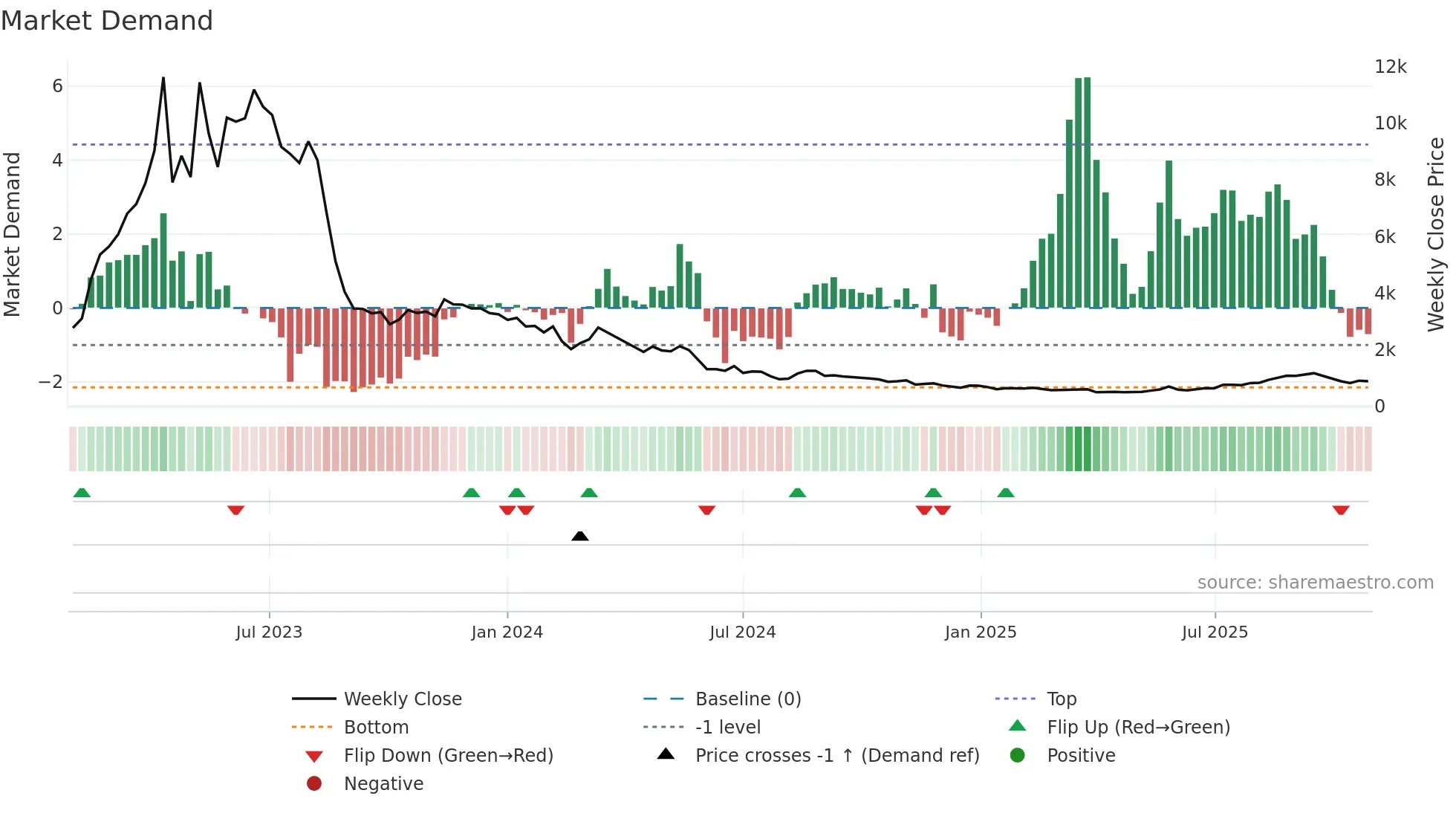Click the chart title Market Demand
[107, 21]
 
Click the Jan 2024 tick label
[507, 632]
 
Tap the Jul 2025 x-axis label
[1215, 632]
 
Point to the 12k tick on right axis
[1390, 67]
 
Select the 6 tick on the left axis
[57, 86]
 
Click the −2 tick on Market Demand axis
[51, 382]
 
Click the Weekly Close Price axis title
[1436, 234]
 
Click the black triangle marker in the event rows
[580, 537]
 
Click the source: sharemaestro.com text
[1315, 583]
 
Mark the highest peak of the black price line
[163, 78]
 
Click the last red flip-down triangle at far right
[1341, 511]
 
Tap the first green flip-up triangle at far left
[82, 493]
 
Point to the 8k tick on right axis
[1385, 180]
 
